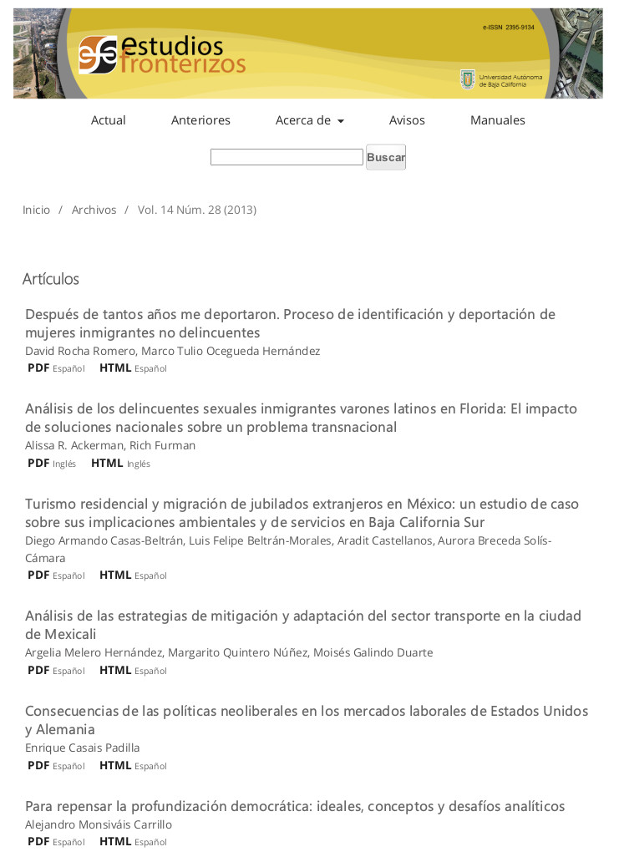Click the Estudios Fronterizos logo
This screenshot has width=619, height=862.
click(162, 54)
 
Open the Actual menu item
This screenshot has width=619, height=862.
click(109, 120)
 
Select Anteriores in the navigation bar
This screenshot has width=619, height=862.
click(200, 120)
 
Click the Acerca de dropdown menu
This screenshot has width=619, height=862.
click(309, 120)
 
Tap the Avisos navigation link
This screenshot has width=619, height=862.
click(407, 120)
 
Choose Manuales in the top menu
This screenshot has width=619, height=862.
click(498, 120)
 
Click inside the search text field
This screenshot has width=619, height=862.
click(287, 157)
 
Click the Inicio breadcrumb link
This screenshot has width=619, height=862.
click(37, 210)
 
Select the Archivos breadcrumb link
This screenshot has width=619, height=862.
click(94, 210)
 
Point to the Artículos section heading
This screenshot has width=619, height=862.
click(51, 279)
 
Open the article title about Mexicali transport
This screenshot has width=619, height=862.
click(303, 625)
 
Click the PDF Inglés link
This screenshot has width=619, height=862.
click(51, 464)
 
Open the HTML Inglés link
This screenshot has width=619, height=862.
click(120, 464)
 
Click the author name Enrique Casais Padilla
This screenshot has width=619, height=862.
click(83, 748)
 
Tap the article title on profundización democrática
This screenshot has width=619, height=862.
click(295, 806)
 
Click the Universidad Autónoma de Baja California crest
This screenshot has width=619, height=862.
click(468, 79)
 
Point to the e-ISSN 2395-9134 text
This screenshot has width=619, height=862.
click(508, 28)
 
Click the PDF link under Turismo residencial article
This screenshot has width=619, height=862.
click(56, 576)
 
